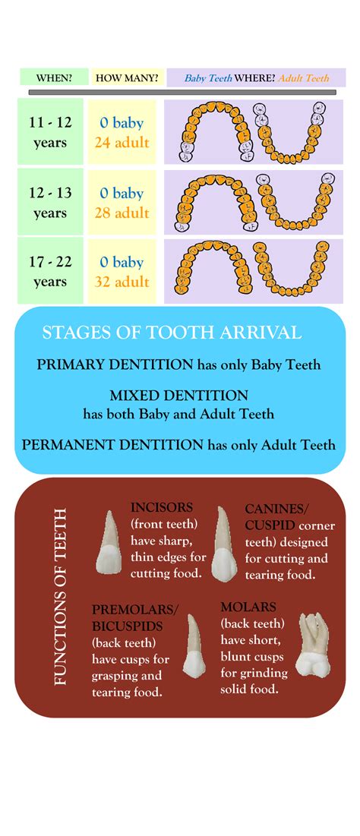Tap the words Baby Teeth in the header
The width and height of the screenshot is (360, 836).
point(208,77)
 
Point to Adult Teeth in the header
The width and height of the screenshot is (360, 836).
point(304,77)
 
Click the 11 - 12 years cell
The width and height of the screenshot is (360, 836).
point(50,133)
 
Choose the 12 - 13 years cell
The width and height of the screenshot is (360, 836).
point(50,203)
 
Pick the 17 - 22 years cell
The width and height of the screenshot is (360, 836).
point(50,272)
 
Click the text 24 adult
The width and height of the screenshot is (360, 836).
point(122,143)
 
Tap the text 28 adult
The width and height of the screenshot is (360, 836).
point(122,213)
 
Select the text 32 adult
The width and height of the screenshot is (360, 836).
point(122,282)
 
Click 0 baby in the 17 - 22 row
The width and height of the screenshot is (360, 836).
point(122,262)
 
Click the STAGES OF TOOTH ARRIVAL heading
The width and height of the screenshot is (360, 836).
point(172,333)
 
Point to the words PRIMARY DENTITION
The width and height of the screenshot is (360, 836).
point(115,364)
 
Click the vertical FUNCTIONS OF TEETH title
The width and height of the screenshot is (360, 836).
point(61,596)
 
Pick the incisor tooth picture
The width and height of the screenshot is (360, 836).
point(109,543)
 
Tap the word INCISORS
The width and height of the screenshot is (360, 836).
point(162,507)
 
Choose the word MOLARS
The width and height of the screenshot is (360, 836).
point(248,607)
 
